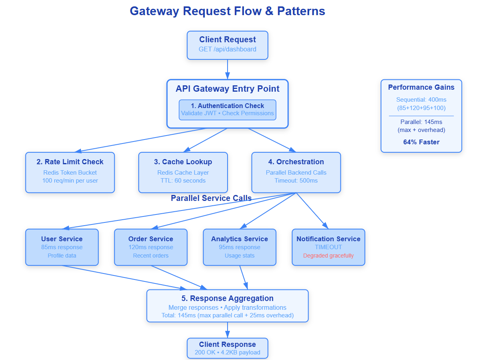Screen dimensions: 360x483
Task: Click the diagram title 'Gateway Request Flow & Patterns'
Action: point(227,11)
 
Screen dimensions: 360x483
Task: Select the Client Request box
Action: point(227,45)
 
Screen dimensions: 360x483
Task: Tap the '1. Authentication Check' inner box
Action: point(227,110)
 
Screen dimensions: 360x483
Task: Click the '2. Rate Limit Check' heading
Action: point(70,162)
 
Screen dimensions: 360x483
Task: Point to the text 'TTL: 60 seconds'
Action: point(183,181)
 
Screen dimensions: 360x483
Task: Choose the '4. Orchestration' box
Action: point(296,172)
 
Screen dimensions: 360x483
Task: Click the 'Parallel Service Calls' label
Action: point(211,198)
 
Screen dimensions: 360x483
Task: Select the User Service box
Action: point(62,247)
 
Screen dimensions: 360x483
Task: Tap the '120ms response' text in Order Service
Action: point(151,247)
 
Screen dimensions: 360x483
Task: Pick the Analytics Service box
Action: point(239,247)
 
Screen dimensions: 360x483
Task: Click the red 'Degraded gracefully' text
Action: point(328,256)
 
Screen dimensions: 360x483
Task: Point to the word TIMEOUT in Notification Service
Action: point(328,247)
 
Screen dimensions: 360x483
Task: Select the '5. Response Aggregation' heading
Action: point(227,298)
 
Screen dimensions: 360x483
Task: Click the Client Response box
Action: point(227,348)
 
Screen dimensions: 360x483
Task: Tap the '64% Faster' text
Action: point(421,142)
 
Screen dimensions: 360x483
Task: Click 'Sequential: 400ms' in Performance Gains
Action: point(421,100)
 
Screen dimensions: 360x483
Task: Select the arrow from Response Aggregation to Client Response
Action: point(227,330)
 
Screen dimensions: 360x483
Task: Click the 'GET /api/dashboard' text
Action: point(227,49)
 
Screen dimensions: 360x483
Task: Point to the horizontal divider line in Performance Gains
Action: point(421,116)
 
